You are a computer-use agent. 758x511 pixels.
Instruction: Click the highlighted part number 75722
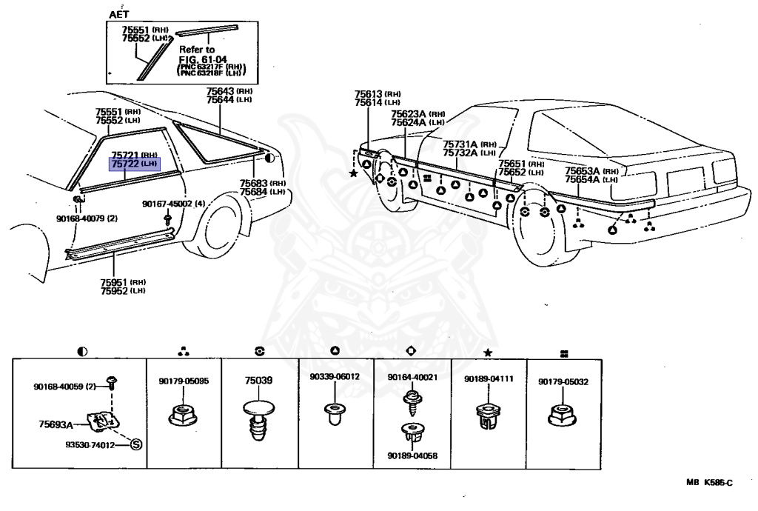coord(126,164)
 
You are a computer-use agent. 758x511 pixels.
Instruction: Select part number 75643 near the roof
coord(220,91)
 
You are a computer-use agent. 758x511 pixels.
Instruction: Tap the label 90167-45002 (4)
coord(173,204)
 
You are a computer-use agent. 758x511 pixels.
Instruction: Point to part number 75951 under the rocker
coord(113,282)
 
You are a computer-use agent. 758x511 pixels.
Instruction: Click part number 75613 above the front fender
coord(369,94)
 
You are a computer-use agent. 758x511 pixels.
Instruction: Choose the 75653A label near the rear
coord(583,171)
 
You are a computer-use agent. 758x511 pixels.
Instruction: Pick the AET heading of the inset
coord(119,14)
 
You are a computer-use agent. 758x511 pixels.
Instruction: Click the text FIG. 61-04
coord(203,59)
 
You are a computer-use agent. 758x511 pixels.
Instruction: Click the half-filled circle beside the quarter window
coord(269,158)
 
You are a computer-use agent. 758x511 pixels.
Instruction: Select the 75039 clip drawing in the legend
coord(258,420)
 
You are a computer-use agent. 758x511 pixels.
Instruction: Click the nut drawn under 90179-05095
coord(184,415)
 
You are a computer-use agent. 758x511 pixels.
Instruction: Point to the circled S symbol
coord(136,444)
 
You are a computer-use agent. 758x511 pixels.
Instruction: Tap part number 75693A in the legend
coord(56,425)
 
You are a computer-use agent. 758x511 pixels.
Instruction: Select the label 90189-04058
coord(412,455)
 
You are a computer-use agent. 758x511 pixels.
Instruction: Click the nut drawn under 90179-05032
coord(563,415)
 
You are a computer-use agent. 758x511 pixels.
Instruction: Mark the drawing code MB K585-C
coord(709,482)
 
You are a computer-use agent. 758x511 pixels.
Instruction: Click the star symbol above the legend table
coord(488,353)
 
